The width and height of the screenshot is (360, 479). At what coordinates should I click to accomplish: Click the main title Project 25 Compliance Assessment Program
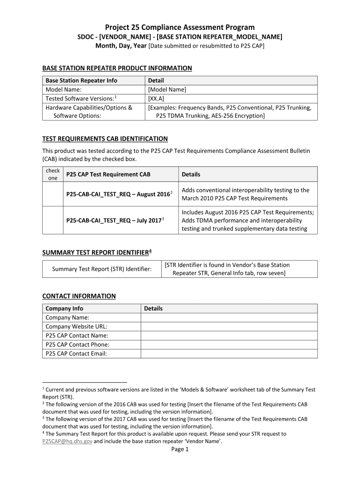(180, 28)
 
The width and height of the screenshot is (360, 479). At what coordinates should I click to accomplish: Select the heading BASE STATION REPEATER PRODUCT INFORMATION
(117, 68)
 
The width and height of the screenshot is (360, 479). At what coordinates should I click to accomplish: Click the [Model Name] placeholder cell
(167, 89)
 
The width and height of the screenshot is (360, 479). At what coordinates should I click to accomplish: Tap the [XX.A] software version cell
(156, 99)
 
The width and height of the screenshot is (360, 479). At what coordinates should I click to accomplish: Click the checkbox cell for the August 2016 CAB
(52, 194)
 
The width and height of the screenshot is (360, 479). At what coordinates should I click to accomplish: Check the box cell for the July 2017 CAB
(52, 220)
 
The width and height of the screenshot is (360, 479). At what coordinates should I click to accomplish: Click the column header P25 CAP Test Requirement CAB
(108, 174)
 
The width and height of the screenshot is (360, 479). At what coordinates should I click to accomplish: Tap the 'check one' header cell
(52, 174)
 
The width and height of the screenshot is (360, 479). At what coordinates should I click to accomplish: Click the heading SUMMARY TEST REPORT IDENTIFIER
(97, 253)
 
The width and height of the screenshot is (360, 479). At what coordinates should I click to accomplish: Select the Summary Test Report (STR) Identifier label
(102, 269)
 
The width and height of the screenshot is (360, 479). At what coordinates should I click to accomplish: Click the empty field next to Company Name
(229, 318)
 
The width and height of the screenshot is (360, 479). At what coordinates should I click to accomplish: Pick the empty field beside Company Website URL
(229, 327)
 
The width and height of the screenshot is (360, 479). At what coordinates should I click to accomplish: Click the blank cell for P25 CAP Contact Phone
(229, 345)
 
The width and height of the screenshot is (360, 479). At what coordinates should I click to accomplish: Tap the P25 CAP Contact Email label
(76, 354)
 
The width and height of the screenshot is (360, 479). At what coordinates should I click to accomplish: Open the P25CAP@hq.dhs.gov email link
(67, 441)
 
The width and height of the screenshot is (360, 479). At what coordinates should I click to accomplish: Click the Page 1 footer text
(180, 450)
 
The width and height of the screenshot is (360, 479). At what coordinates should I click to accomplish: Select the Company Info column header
(64, 309)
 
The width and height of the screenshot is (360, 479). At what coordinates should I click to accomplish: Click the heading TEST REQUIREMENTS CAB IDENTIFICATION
(105, 139)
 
